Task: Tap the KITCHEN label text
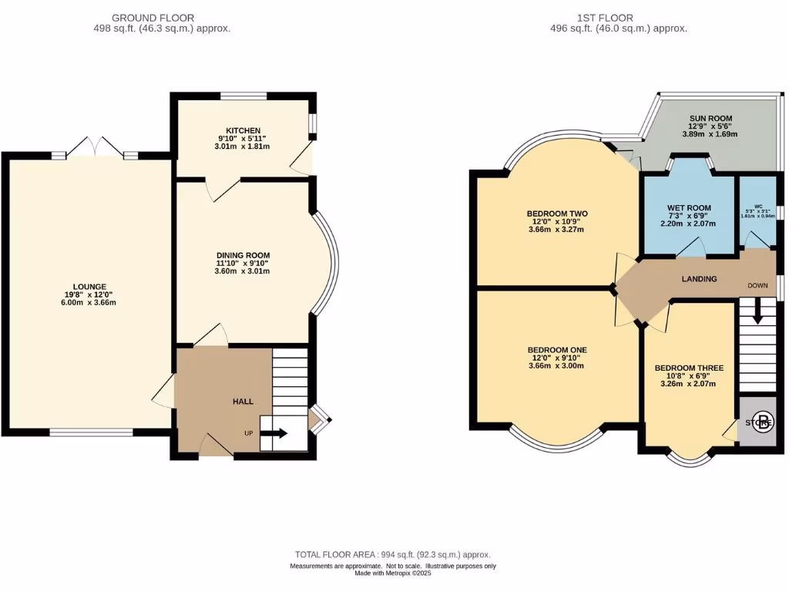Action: [x=243, y=130]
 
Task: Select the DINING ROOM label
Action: [x=243, y=255]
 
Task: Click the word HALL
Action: [x=243, y=402]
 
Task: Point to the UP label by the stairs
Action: [x=249, y=433]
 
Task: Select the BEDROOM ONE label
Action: [x=557, y=350]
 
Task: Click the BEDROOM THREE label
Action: [x=689, y=368]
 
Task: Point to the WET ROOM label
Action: [x=689, y=208]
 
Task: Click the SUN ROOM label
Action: [x=710, y=119]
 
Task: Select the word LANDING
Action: [x=699, y=279]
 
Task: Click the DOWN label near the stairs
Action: [x=757, y=285]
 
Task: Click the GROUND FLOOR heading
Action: [x=153, y=18]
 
